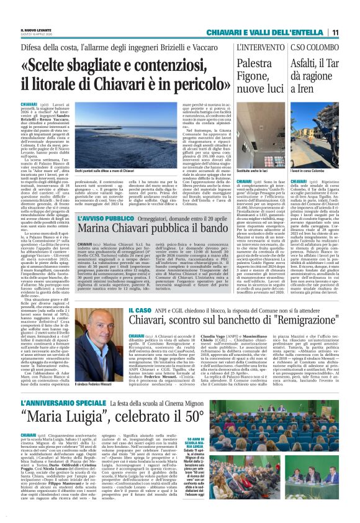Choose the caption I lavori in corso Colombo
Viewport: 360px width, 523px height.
coord(308,170)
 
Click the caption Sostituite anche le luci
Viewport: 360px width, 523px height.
coord(253,170)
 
